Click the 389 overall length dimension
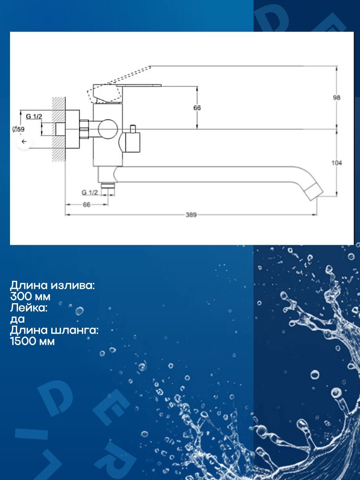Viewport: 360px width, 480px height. (191, 215)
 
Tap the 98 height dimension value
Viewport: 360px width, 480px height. (337, 98)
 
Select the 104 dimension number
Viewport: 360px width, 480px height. (337, 163)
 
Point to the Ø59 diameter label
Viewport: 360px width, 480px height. (18, 129)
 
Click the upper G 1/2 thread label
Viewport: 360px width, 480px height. (34, 116)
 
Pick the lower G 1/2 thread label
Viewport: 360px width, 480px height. (90, 192)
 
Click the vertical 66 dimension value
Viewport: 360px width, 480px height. (197, 108)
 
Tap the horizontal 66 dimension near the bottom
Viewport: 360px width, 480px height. (86, 205)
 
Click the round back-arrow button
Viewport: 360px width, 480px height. (24, 142)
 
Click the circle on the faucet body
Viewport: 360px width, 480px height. (108, 129)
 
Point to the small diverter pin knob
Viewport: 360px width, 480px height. (133, 129)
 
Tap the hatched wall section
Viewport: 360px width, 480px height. (58, 129)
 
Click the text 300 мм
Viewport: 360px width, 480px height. (30, 297)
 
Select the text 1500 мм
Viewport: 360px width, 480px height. (32, 342)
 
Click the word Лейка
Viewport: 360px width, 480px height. (29, 308)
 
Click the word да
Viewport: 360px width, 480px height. (18, 320)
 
